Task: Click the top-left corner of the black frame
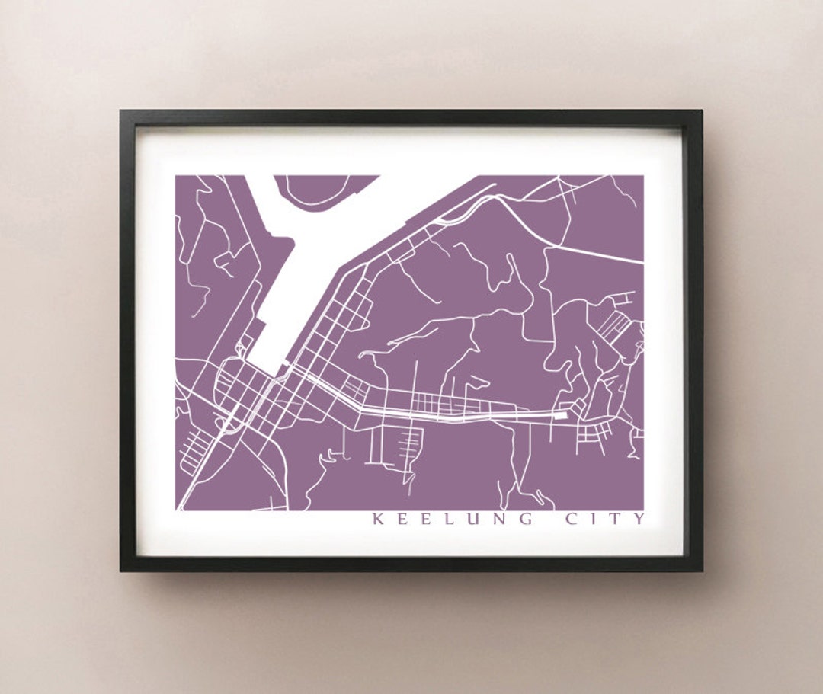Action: [121, 111]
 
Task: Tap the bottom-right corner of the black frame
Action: [701, 570]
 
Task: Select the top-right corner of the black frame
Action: [701, 111]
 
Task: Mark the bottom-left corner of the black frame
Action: [121, 570]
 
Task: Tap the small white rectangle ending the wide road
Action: [561, 415]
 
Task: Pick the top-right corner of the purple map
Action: [643, 176]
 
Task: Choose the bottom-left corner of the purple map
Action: [176, 510]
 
